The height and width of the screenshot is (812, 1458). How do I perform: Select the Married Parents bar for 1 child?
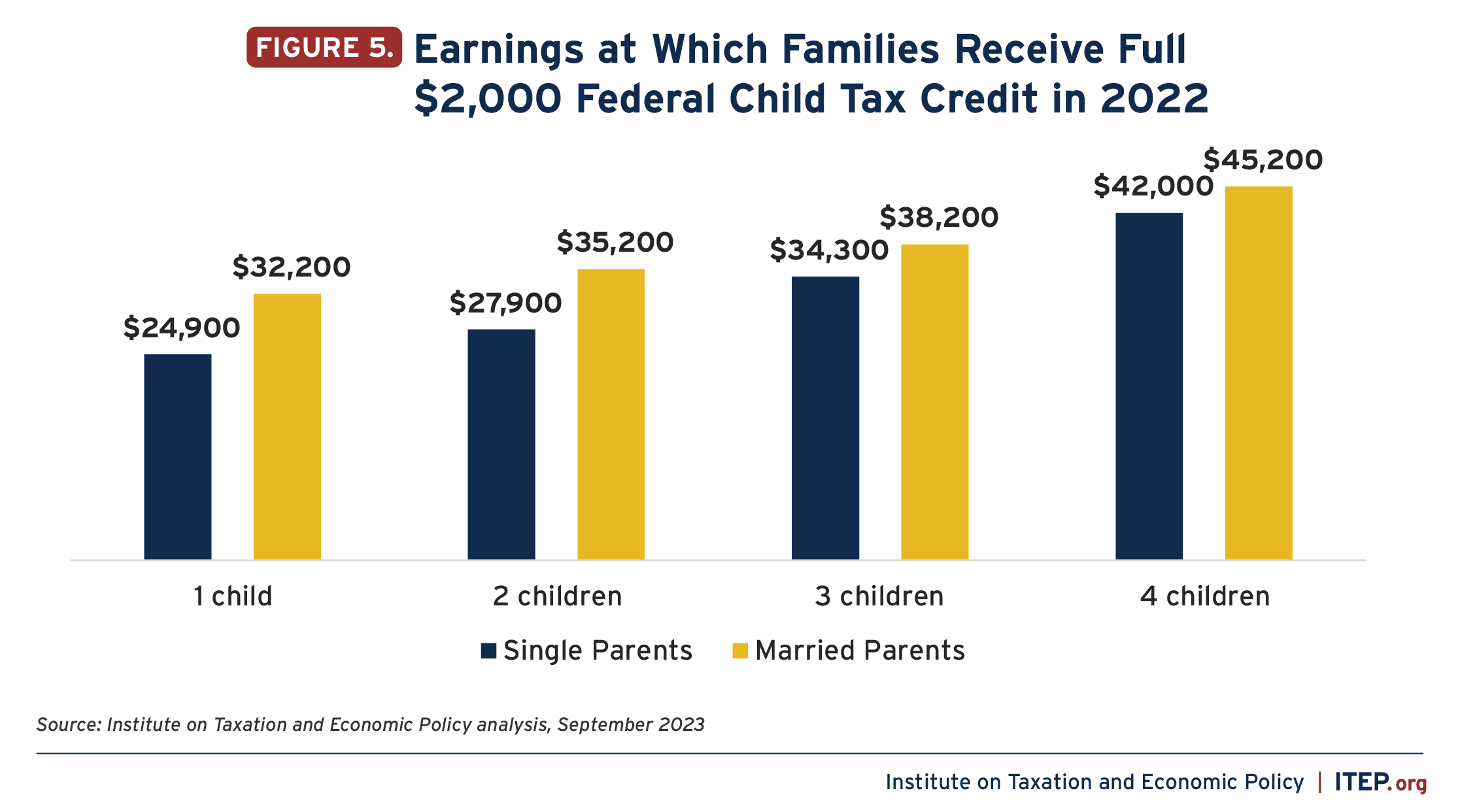(x=287, y=426)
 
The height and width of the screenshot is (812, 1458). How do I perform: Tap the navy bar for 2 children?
(x=501, y=444)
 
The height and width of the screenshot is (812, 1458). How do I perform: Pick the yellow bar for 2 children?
(x=611, y=414)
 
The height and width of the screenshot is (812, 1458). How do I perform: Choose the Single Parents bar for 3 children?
(x=825, y=418)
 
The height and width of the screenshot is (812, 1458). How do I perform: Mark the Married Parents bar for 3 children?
(x=934, y=401)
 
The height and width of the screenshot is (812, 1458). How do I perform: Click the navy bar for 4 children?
(x=1149, y=386)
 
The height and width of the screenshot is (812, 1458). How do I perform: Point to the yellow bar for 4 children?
(x=1259, y=373)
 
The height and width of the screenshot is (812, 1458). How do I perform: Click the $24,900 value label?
(x=182, y=328)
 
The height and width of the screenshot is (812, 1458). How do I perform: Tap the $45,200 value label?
(x=1263, y=160)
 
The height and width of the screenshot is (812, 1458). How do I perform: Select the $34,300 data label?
(x=829, y=250)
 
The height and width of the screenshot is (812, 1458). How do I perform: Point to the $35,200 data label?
(x=615, y=243)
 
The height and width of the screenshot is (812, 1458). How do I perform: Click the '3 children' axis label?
(x=879, y=596)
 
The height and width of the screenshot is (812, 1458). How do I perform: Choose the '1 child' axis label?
(x=233, y=596)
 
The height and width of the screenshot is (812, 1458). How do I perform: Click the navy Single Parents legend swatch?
(x=488, y=651)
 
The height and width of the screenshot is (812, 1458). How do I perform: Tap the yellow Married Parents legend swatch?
(x=740, y=651)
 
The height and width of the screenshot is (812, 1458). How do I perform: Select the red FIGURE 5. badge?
(x=324, y=48)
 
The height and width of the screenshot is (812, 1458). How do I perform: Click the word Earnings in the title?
(x=498, y=50)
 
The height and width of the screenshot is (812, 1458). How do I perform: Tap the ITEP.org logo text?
(x=1381, y=782)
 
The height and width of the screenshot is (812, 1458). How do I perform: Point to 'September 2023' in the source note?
(x=631, y=725)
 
